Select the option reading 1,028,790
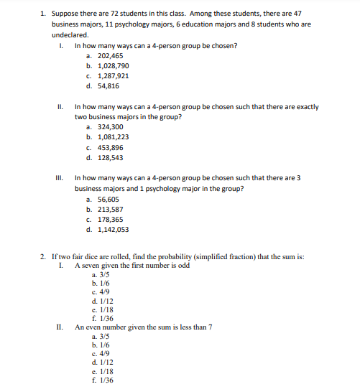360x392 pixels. pos(110,65)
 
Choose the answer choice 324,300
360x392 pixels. pos(108,126)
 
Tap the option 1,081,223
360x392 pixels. pos(110,136)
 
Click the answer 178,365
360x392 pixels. pos(108,220)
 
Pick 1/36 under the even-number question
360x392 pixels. pos(101,380)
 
